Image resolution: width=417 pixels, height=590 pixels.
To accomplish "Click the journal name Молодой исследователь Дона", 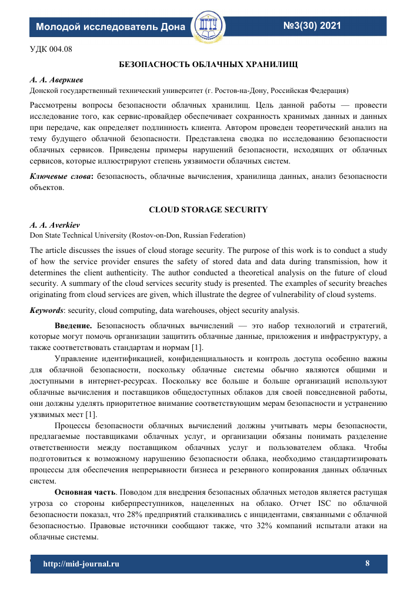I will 111,27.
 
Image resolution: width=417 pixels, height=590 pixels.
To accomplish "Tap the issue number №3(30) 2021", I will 312,26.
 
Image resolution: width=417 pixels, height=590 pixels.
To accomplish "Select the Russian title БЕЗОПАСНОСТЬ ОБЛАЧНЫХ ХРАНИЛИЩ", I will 208,63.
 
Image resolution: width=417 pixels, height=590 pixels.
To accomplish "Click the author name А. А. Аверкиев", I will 53,78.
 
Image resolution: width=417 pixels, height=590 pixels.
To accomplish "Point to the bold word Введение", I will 74,325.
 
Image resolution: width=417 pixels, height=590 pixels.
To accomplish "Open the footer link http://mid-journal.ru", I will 82,564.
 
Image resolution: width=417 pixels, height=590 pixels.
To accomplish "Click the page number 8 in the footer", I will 368,564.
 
